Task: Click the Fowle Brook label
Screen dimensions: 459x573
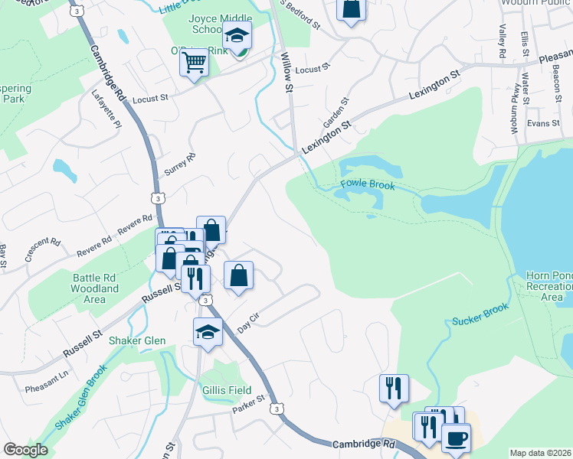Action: click(368, 185)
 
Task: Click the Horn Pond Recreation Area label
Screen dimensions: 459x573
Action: click(550, 286)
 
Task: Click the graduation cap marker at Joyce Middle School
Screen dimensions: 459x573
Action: click(237, 35)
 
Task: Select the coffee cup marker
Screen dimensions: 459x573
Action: click(457, 438)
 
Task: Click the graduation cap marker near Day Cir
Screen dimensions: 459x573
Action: click(208, 332)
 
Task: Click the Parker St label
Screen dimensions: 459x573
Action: click(249, 402)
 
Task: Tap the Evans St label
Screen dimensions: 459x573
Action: click(544, 123)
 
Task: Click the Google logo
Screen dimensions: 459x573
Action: click(25, 449)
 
